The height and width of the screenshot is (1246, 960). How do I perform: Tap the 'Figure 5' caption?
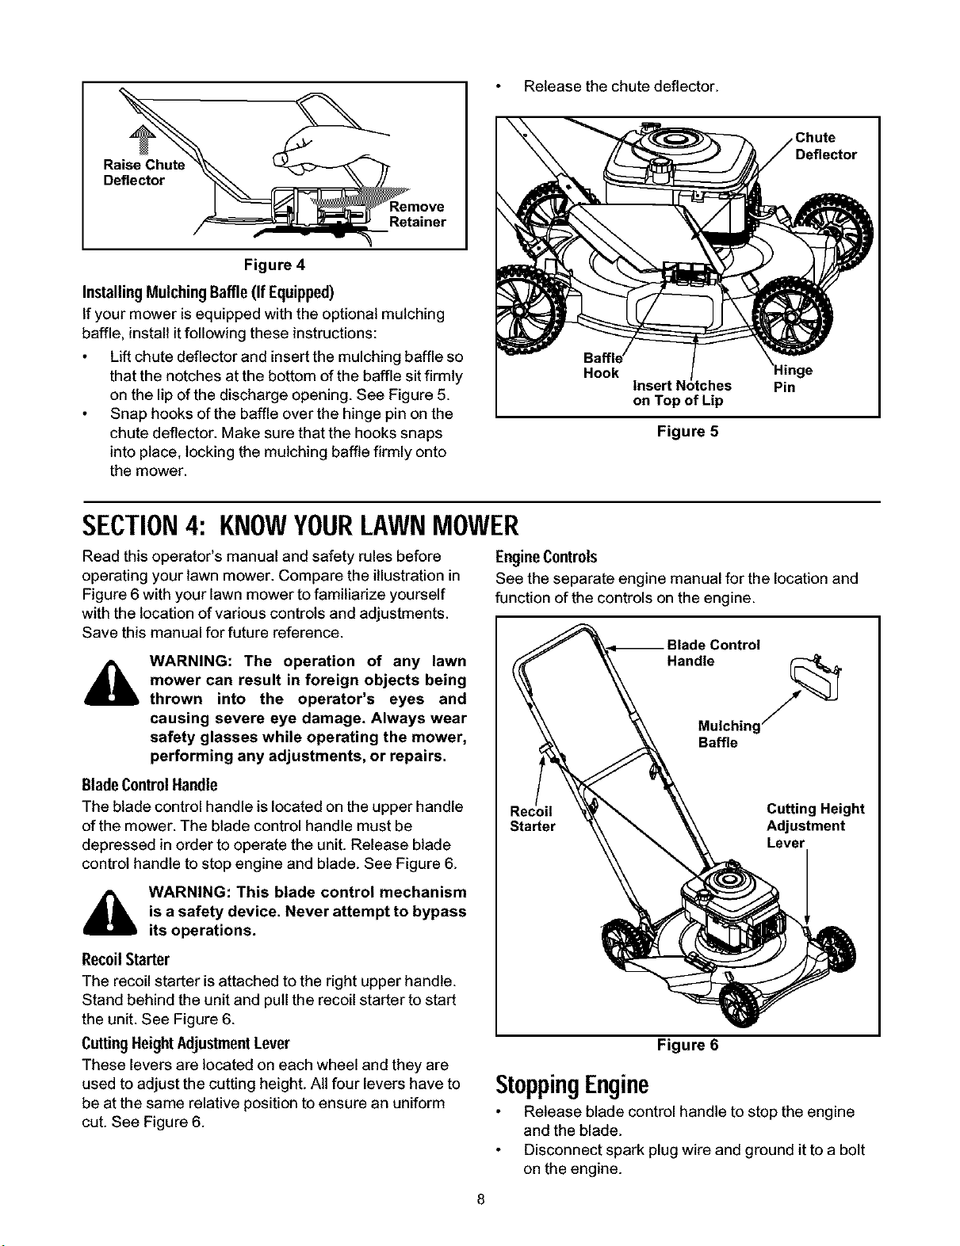[687, 431]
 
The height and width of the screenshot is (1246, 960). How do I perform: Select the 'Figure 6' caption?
[687, 1045]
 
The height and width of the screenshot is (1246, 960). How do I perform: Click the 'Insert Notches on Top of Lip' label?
[682, 393]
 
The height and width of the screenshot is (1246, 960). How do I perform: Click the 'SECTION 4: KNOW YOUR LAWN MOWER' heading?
[300, 525]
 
